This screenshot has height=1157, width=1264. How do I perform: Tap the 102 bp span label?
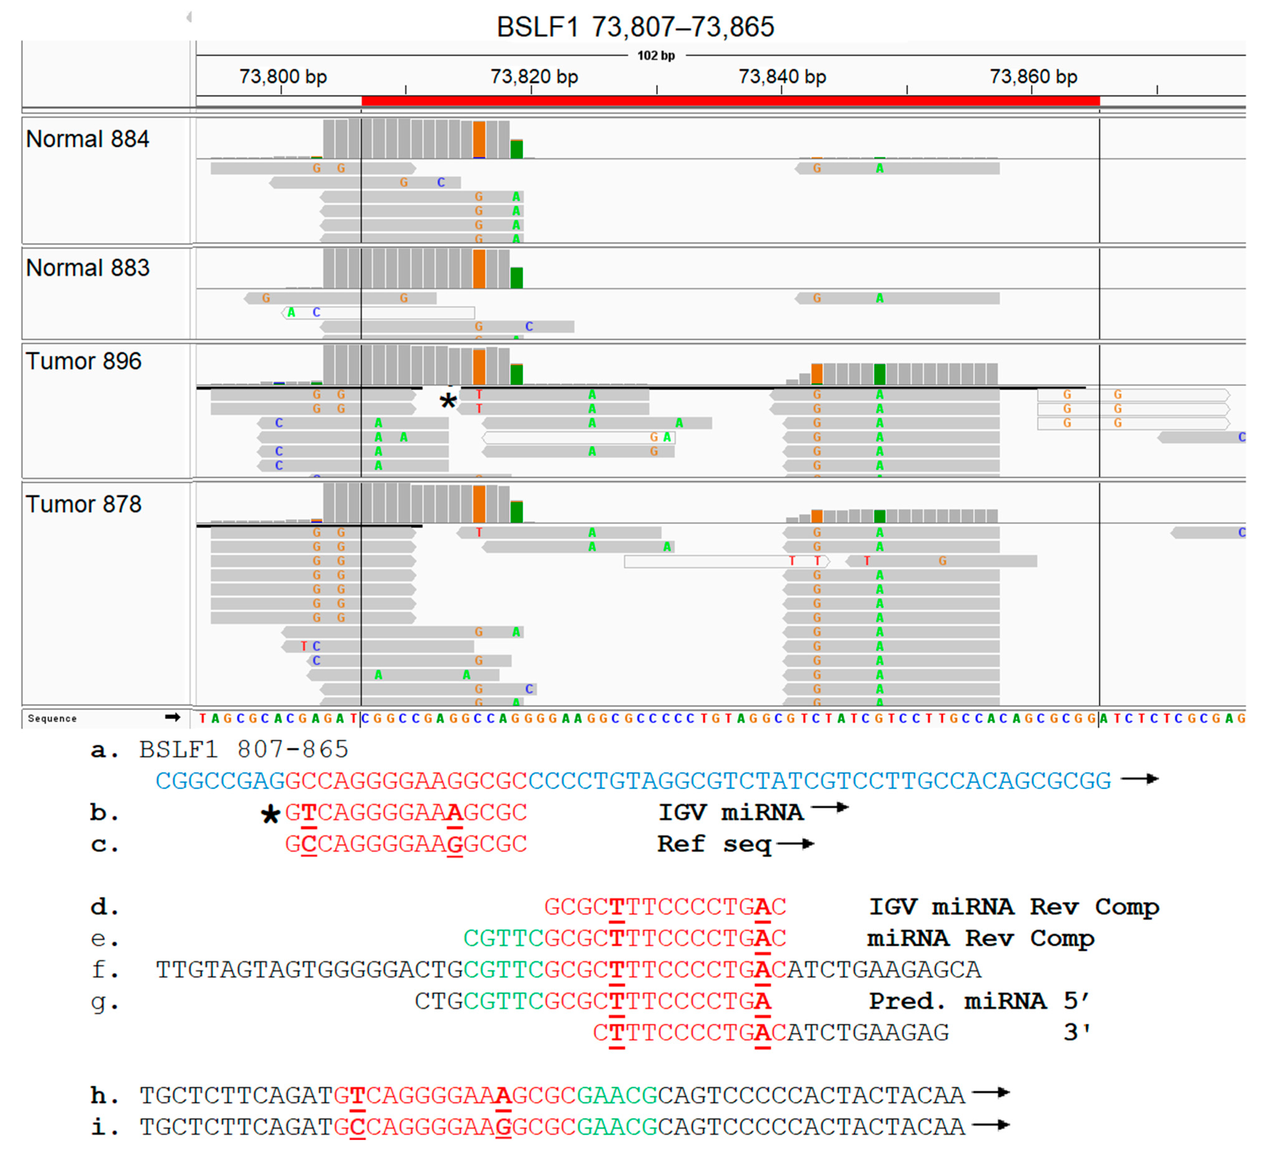(656, 56)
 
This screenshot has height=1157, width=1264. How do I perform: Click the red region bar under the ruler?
(731, 101)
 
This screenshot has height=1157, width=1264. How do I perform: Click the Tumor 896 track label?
(83, 362)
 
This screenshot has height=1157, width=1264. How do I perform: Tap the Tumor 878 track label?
(83, 505)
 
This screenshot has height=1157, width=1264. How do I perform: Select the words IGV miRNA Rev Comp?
(1014, 907)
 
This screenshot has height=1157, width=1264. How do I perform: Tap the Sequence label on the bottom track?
(52, 718)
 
